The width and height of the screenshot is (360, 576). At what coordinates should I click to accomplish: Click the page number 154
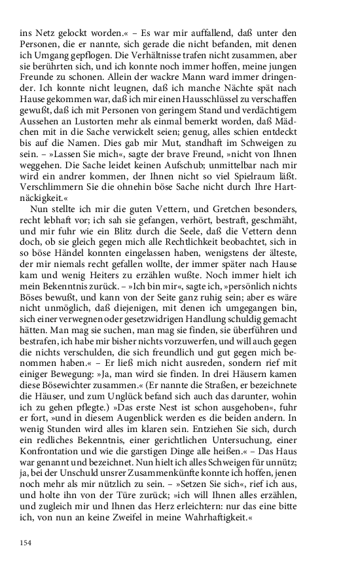(x=27, y=543)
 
